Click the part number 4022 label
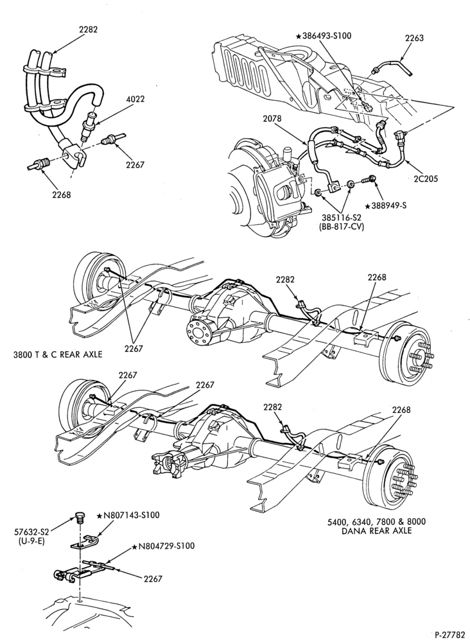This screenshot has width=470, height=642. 135,99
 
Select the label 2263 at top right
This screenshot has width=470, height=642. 414,38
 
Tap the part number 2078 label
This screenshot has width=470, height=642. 272,119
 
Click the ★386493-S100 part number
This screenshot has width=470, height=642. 324,35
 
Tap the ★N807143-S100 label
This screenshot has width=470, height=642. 128,515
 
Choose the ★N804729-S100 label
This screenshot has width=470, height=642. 163,546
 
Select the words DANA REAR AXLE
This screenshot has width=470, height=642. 376,531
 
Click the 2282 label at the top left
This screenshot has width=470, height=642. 89,30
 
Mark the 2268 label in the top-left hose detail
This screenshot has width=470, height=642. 62,195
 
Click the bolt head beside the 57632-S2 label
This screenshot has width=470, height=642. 80,516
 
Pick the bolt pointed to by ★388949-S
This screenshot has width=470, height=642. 369,180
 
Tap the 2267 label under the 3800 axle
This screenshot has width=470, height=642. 134,349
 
